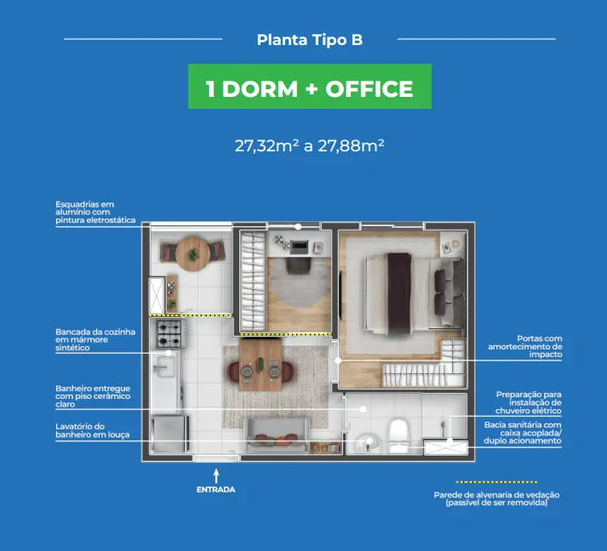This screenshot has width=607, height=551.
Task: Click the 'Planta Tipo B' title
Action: (310, 40)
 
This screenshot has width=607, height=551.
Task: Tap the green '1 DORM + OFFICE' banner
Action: (310, 86)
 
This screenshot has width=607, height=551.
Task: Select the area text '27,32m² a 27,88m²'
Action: (309, 145)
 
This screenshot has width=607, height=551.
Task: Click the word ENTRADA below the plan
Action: (216, 490)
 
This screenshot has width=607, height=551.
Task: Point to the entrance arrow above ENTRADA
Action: (216, 476)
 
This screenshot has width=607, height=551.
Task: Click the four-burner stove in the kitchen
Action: (169, 333)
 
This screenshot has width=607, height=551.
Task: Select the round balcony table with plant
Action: (192, 254)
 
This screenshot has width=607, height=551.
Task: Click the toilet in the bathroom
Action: (398, 435)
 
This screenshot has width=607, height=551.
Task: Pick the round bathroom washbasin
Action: (368, 443)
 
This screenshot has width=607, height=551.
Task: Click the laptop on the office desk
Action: (299, 247)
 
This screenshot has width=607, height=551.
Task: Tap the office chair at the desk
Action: (298, 266)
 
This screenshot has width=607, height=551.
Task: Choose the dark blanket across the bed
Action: (399, 293)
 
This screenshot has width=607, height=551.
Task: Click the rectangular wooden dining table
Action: (261, 364)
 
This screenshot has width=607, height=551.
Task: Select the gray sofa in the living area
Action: (277, 435)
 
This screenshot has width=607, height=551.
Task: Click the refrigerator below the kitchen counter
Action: (170, 434)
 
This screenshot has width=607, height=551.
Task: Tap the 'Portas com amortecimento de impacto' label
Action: (525, 346)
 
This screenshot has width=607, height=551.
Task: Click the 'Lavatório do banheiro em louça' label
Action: (92, 430)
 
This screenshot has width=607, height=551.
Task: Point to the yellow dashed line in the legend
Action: (496, 482)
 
